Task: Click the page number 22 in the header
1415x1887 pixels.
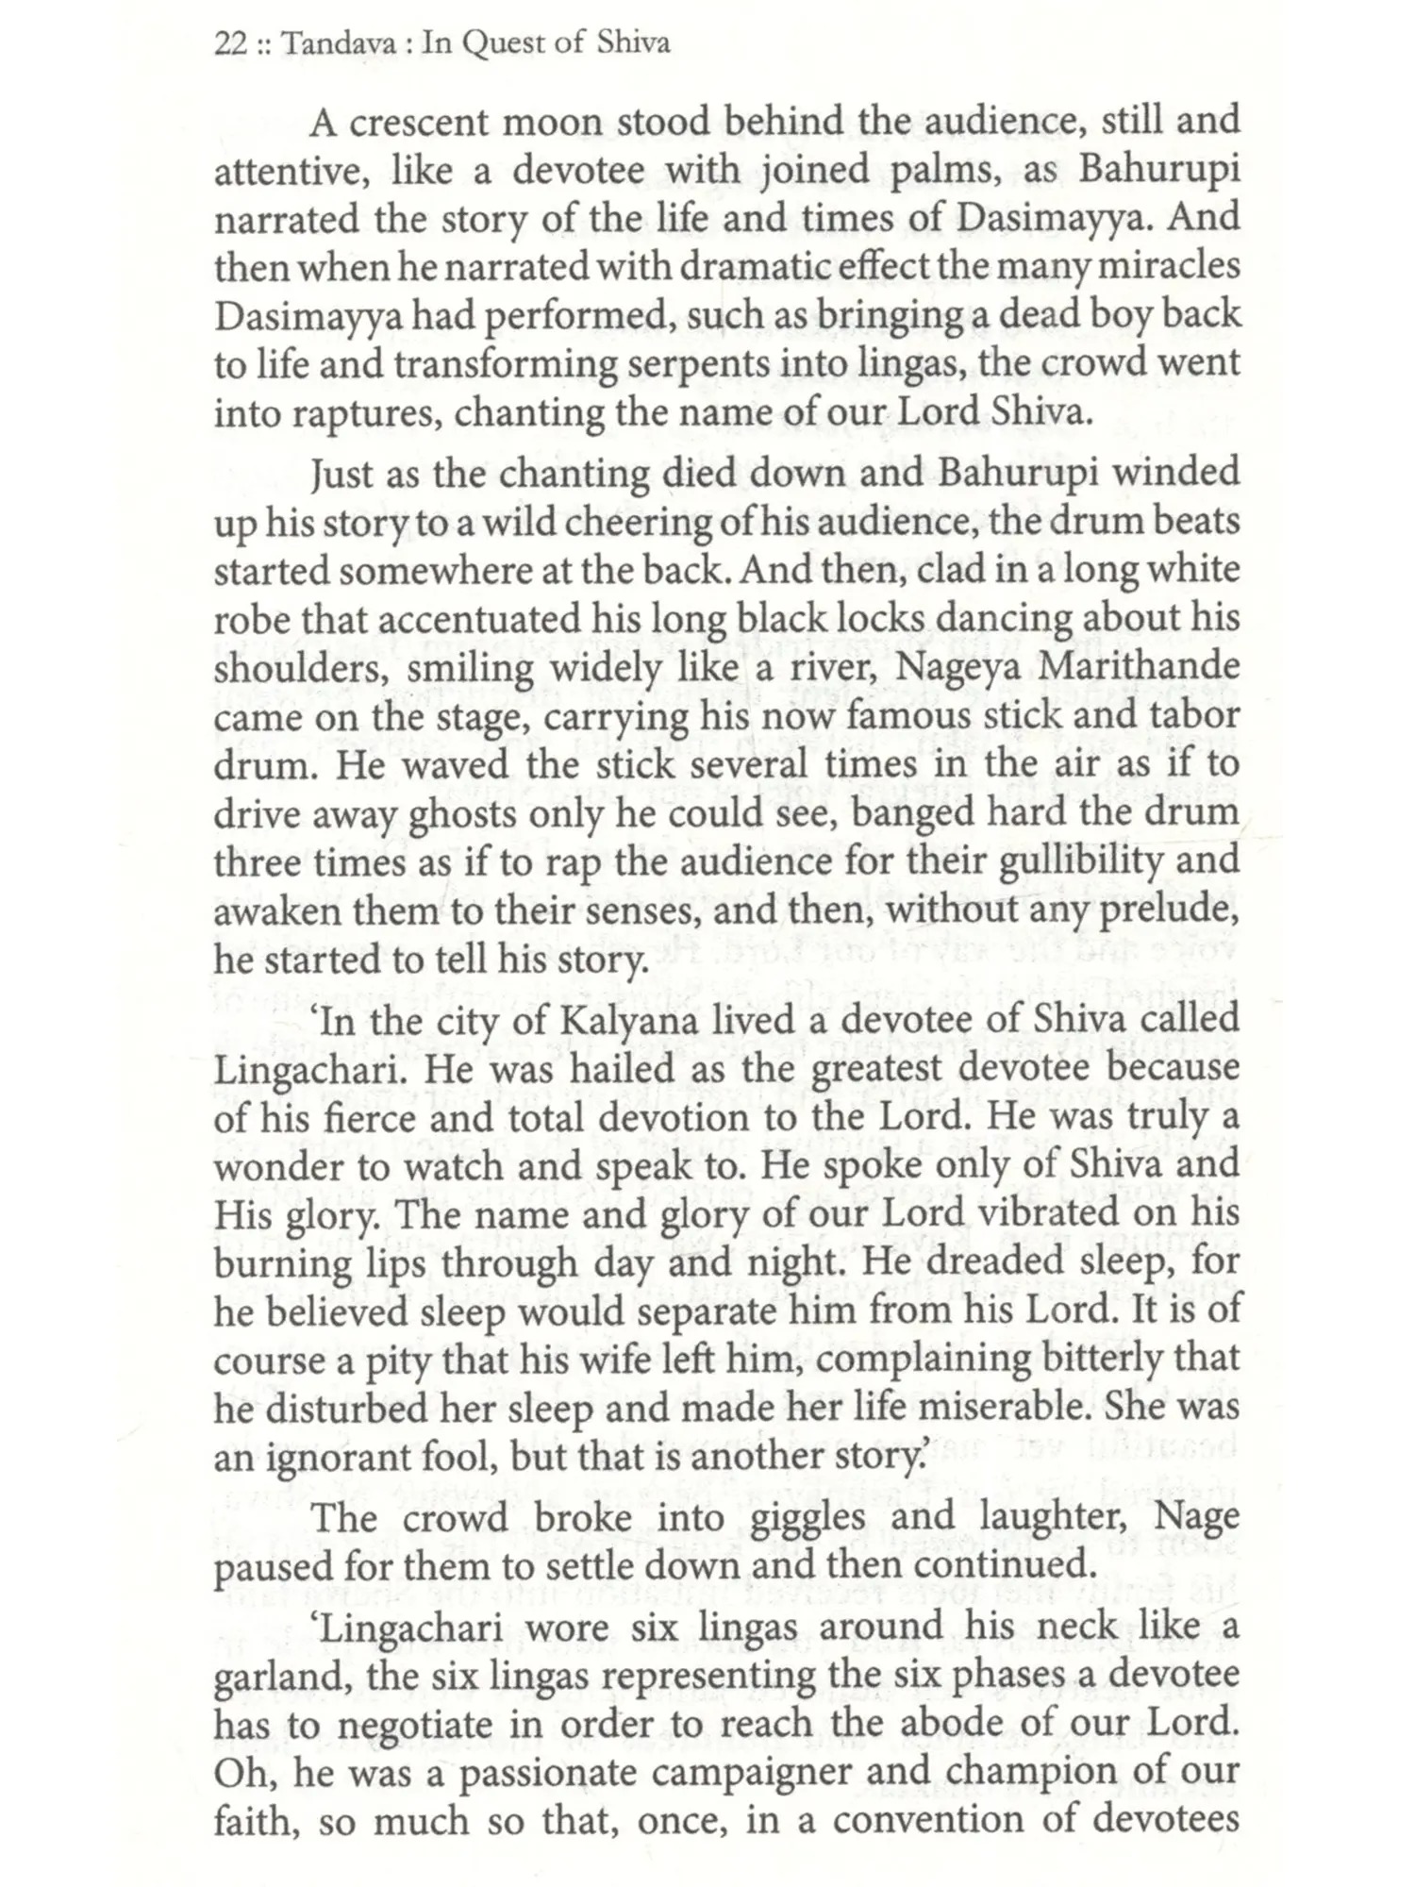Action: point(230,44)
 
